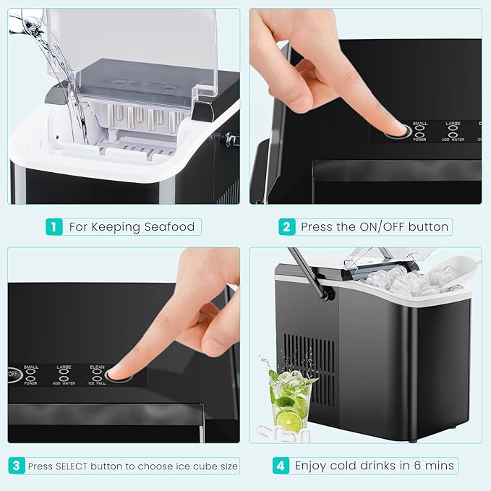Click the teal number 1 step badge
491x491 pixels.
pyautogui.click(x=54, y=226)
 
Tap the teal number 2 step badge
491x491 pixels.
pyautogui.click(x=286, y=226)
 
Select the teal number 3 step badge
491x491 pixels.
pyautogui.click(x=17, y=466)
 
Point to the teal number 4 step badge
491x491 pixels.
pyautogui.click(x=281, y=466)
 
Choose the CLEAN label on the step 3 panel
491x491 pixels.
pyautogui.click(x=97, y=367)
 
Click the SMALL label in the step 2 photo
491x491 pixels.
pyautogui.click(x=420, y=124)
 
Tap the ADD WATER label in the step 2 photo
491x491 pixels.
pyautogui.click(x=453, y=139)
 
